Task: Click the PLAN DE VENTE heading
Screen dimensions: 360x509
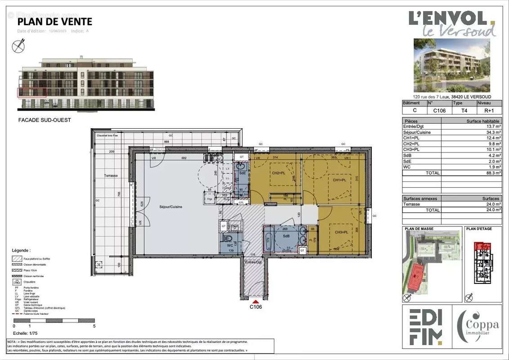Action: (x=54, y=22)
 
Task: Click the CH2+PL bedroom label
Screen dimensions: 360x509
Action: (x=279, y=173)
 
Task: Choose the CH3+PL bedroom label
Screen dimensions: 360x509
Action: (x=342, y=232)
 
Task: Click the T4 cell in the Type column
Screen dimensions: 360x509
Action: (x=457, y=110)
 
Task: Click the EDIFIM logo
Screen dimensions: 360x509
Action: (x=425, y=328)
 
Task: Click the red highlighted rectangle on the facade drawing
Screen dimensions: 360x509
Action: (x=32, y=93)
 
